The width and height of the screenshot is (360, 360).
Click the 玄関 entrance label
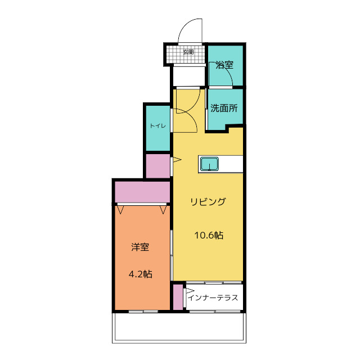click(188, 52)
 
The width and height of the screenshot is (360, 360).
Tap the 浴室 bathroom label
click(224, 65)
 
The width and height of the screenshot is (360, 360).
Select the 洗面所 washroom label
click(224, 108)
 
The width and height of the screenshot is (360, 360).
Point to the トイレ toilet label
click(157, 126)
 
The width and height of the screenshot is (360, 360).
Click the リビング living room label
click(208, 201)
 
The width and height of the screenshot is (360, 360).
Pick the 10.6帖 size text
click(209, 235)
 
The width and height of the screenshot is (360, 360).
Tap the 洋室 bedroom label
click(140, 247)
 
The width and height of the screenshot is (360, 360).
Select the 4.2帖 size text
click(140, 274)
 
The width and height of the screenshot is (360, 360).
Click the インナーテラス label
click(213, 298)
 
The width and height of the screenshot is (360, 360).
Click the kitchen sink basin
click(209, 164)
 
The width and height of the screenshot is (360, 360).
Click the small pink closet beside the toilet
click(158, 166)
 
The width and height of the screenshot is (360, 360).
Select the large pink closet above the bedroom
click(142, 192)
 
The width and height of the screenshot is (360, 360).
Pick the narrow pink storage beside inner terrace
click(178, 297)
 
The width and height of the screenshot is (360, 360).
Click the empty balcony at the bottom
click(179, 327)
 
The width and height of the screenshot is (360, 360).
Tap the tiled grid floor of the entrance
click(186, 54)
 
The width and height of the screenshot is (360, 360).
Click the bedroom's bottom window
click(143, 311)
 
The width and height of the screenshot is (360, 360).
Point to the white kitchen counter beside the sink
click(231, 164)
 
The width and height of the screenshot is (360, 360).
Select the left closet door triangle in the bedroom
click(120, 210)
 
